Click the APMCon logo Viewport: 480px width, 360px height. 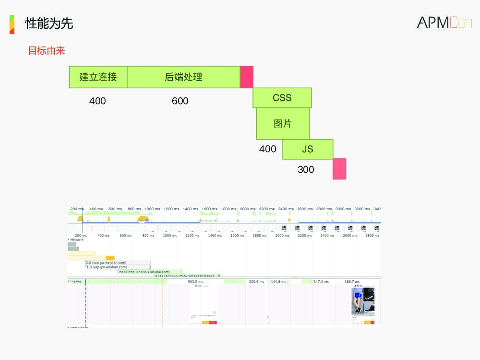click(x=444, y=22)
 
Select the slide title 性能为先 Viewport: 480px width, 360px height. click(x=49, y=23)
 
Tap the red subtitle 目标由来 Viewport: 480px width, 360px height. click(x=47, y=50)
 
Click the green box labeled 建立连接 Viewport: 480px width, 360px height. click(x=98, y=77)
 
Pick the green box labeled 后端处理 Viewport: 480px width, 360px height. click(x=183, y=77)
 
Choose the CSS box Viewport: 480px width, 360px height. click(x=282, y=98)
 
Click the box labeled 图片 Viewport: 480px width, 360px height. click(x=283, y=123)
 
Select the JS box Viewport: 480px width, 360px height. click(x=308, y=149)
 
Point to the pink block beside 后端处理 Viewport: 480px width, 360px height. click(x=247, y=77)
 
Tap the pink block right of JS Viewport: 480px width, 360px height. click(x=339, y=169)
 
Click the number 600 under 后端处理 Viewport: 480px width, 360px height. click(x=180, y=101)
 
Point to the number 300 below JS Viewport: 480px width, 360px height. click(x=306, y=169)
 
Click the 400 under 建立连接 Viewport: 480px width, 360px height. click(x=97, y=101)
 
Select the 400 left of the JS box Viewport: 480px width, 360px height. click(x=267, y=149)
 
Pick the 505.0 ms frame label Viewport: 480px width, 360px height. click(x=195, y=282)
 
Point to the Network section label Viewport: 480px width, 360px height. click(x=77, y=240)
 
